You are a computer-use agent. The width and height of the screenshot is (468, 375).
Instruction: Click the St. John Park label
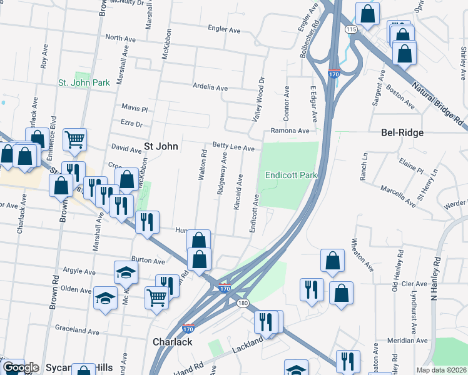click(84, 82)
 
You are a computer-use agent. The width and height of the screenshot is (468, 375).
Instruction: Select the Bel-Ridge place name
click(402, 133)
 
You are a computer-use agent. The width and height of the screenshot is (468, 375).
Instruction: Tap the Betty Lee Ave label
click(233, 148)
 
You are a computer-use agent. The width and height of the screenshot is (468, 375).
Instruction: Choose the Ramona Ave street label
click(290, 131)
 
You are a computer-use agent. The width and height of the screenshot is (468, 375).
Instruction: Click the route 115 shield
click(350, 29)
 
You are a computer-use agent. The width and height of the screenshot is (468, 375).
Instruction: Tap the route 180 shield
click(242, 303)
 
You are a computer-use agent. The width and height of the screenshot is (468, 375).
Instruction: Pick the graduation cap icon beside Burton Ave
click(126, 271)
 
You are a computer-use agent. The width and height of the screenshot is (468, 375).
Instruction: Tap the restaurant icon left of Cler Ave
click(311, 289)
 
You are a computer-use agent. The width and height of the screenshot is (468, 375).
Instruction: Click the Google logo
click(21, 367)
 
